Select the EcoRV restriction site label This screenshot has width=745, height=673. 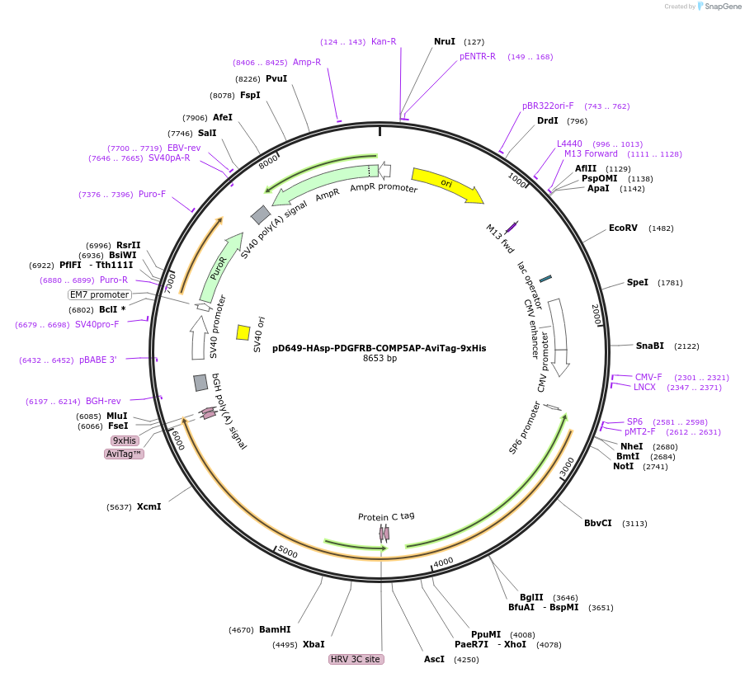tap(623, 228)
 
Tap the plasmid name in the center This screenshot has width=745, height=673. tap(379, 348)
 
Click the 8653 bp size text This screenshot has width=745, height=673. tap(380, 359)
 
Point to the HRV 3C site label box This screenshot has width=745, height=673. tap(356, 659)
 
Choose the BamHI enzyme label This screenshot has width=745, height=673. tap(275, 630)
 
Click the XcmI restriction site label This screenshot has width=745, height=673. tap(149, 506)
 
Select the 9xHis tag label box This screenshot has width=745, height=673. tap(125, 440)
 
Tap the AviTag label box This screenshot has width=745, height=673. tap(125, 454)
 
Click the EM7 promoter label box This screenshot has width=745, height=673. tap(100, 294)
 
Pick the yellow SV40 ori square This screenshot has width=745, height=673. tap(243, 332)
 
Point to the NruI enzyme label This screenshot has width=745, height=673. tap(445, 41)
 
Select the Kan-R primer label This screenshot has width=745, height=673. tap(384, 41)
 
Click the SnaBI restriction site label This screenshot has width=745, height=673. tap(649, 346)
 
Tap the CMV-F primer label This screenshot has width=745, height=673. tap(648, 377)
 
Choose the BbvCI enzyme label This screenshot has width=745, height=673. tap(598, 523)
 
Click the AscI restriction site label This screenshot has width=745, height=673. tap(434, 659)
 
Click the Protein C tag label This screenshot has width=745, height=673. tap(386, 516)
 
